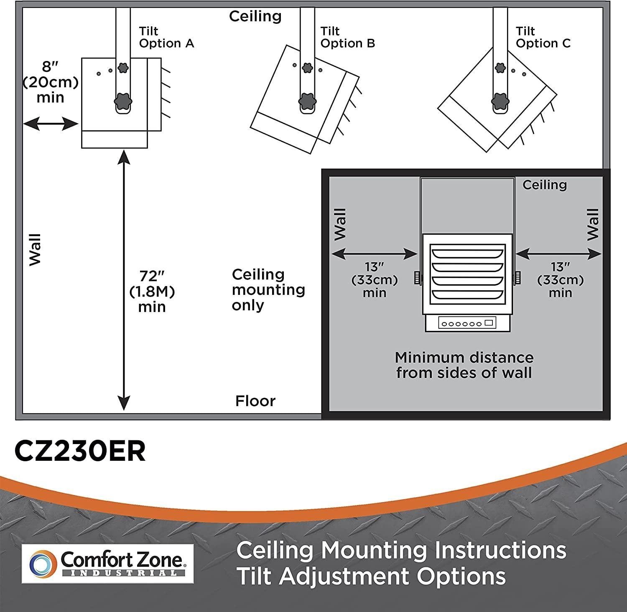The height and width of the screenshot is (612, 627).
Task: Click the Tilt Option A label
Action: pyautogui.click(x=166, y=37)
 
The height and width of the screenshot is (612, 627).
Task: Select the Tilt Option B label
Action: pyautogui.click(x=347, y=37)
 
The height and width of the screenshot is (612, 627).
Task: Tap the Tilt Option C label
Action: pyautogui.click(x=543, y=37)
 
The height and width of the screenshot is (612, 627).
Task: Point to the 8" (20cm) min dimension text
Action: pyautogui.click(x=50, y=82)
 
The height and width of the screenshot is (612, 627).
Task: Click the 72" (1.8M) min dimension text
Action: pyautogui.click(x=152, y=291)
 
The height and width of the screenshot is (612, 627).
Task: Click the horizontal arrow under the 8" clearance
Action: pyautogui.click(x=51, y=124)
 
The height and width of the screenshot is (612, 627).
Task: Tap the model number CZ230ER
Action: pyautogui.click(x=80, y=451)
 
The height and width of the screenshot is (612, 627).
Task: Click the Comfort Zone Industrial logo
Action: pyautogui.click(x=107, y=563)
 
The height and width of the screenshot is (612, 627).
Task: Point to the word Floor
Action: pyautogui.click(x=255, y=401)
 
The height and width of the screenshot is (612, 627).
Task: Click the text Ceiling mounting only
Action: pyautogui.click(x=268, y=289)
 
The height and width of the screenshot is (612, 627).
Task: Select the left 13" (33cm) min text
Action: pyautogui.click(x=374, y=279)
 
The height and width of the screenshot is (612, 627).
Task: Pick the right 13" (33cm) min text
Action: pyautogui.click(x=560, y=279)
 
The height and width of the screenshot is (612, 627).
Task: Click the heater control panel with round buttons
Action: pyautogui.click(x=467, y=323)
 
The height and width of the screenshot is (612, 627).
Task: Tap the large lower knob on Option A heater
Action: pyautogui.click(x=123, y=101)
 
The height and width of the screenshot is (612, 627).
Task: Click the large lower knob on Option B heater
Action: pyautogui.click(x=307, y=101)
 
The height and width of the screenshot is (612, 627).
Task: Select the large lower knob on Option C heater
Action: pyautogui.click(x=500, y=101)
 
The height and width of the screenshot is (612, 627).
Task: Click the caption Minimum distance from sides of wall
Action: pyautogui.click(x=464, y=365)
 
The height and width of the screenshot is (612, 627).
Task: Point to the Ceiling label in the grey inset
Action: pyautogui.click(x=544, y=185)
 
